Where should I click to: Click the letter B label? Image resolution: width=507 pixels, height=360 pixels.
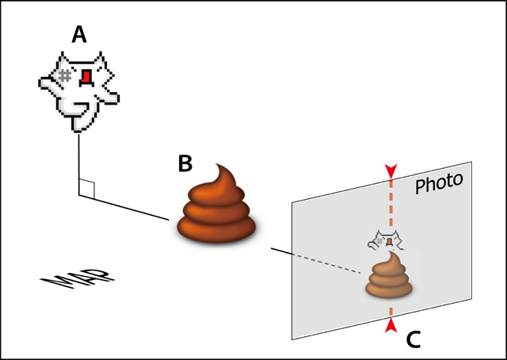pyautogui.click(x=185, y=164)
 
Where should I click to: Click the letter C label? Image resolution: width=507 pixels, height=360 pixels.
pyautogui.click(x=414, y=339)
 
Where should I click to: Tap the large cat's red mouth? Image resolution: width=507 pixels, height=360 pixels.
pyautogui.click(x=84, y=76)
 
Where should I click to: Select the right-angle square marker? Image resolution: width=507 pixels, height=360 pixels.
pyautogui.click(x=87, y=189)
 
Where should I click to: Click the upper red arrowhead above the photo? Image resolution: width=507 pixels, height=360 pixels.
pyautogui.click(x=390, y=171)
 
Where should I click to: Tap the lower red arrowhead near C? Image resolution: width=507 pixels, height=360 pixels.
pyautogui.click(x=390, y=325)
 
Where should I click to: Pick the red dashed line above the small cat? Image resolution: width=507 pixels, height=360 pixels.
pyautogui.click(x=390, y=202)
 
